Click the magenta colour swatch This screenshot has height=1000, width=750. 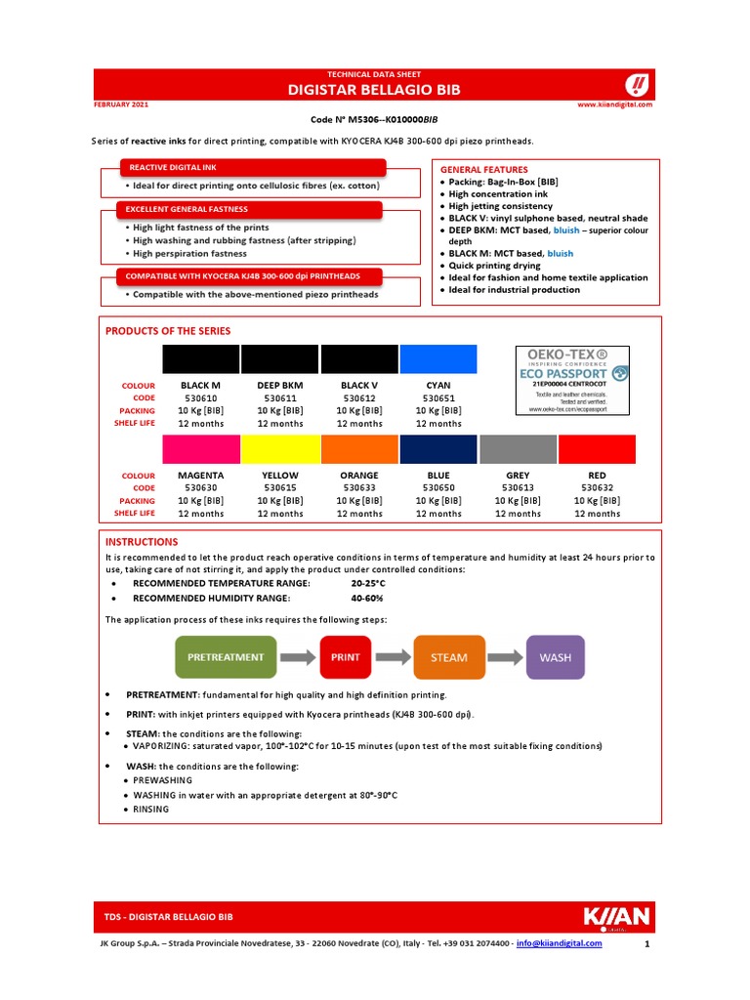click(x=200, y=449)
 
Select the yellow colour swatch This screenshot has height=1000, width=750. click(x=280, y=449)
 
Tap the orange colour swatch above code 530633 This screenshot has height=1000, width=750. click(x=359, y=449)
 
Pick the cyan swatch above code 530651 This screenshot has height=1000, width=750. click(x=438, y=358)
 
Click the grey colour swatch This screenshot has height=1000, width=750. click(x=518, y=449)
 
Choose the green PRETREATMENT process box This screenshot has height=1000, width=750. click(x=227, y=657)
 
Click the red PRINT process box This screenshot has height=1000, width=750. click(x=346, y=657)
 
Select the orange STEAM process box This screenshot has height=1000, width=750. click(x=449, y=657)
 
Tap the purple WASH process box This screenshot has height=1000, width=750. click(x=556, y=657)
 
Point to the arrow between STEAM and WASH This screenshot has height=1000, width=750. click(x=506, y=657)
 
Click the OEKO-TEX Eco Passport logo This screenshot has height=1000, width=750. click(x=572, y=380)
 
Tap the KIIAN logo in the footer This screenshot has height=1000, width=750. click(x=615, y=918)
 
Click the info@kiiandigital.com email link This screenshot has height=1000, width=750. click(x=560, y=944)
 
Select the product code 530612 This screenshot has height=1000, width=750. click(x=359, y=398)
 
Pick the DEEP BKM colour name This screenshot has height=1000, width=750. click(x=280, y=386)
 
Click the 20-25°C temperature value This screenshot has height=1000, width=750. click(x=367, y=583)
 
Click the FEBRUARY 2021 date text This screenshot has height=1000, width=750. click(x=121, y=103)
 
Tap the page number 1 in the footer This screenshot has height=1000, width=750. click(x=646, y=945)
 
